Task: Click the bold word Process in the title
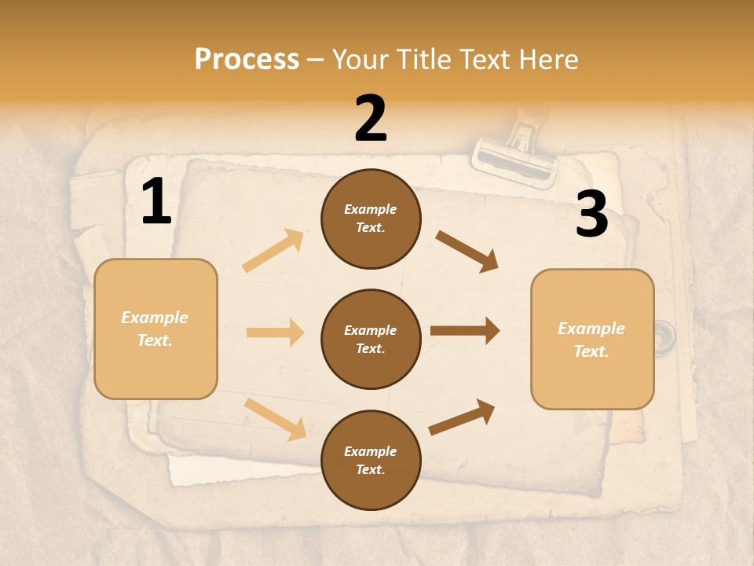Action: click(x=247, y=60)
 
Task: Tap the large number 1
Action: click(x=156, y=202)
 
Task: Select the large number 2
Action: click(x=371, y=119)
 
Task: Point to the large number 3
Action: click(x=591, y=215)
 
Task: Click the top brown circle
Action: click(x=371, y=219)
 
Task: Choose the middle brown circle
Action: click(x=371, y=339)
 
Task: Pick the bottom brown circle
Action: click(x=371, y=460)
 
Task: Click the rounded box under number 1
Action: click(x=156, y=329)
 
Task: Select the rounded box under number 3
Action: click(x=592, y=340)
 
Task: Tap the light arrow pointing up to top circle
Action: click(x=273, y=250)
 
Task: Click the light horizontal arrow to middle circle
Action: click(x=274, y=333)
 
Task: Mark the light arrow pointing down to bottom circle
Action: click(x=275, y=418)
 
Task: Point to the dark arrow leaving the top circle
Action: click(x=467, y=251)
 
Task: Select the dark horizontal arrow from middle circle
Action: click(x=464, y=331)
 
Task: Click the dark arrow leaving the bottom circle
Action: click(x=462, y=417)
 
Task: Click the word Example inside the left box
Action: click(x=155, y=318)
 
